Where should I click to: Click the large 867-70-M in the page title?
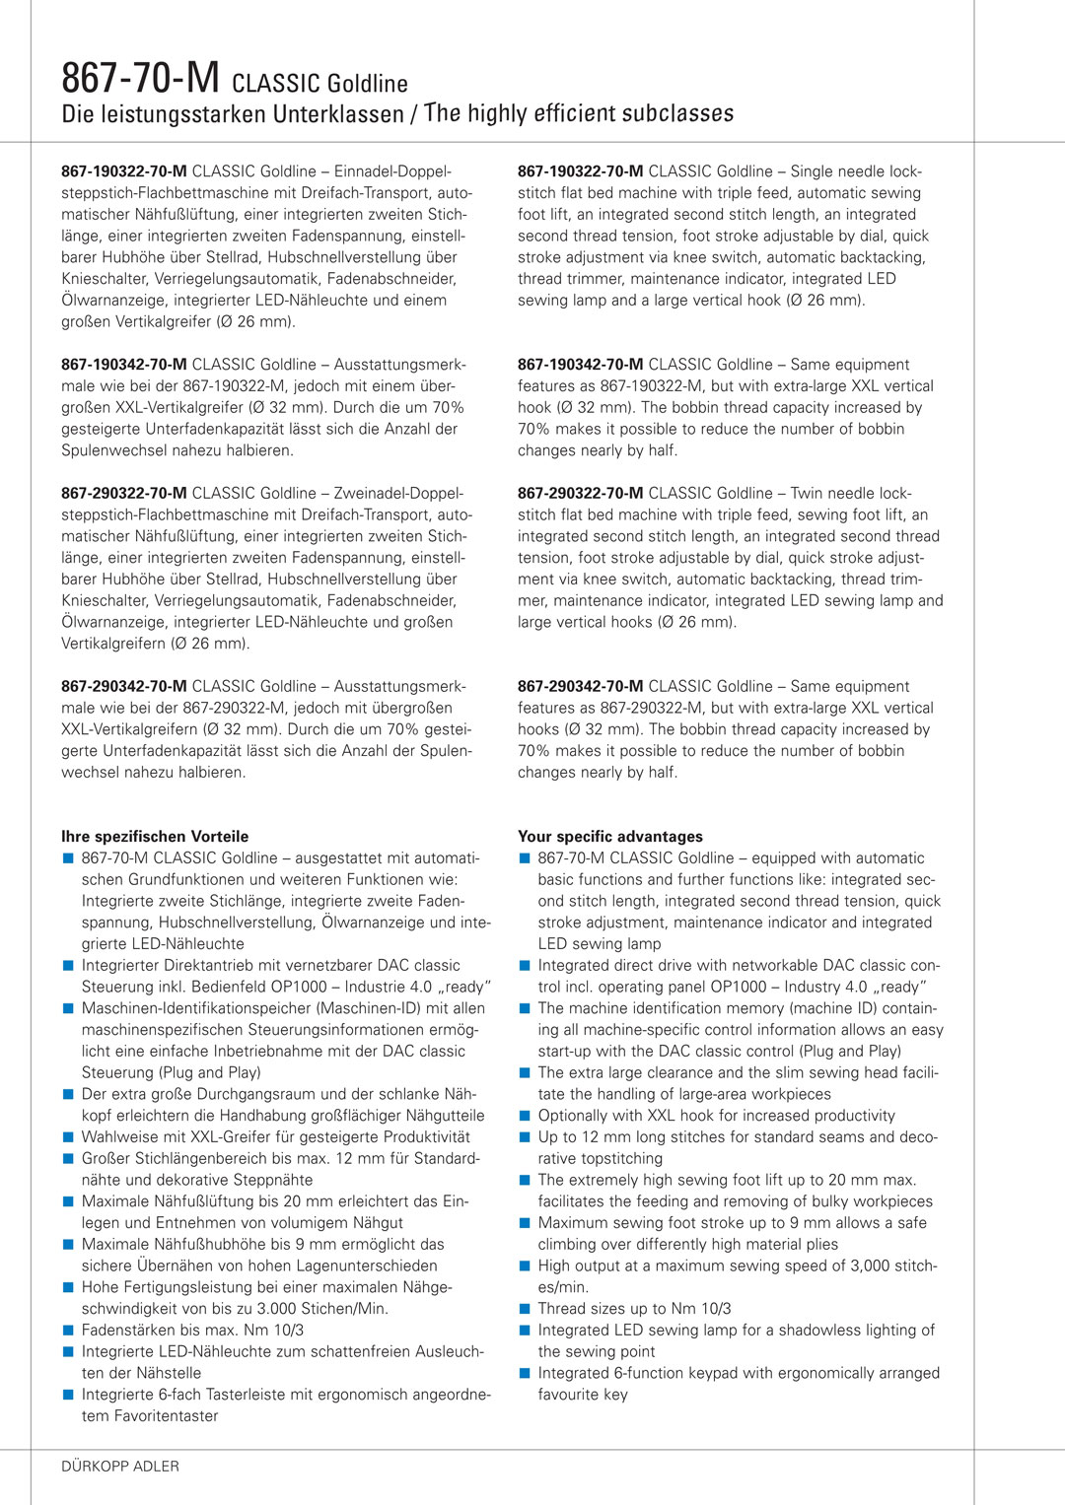pyautogui.click(x=140, y=78)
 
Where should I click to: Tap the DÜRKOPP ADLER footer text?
pyautogui.click(x=120, y=1467)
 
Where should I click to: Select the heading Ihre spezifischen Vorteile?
pyautogui.click(x=155, y=837)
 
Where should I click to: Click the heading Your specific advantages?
pyautogui.click(x=610, y=837)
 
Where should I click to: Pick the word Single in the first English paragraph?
pyautogui.click(x=814, y=171)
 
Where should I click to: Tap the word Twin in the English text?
pyautogui.click(x=807, y=494)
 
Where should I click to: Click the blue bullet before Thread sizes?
pyautogui.click(x=525, y=1309)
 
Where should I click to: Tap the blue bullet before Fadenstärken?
pyautogui.click(x=68, y=1331)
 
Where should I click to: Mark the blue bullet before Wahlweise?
pyautogui.click(x=68, y=1137)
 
